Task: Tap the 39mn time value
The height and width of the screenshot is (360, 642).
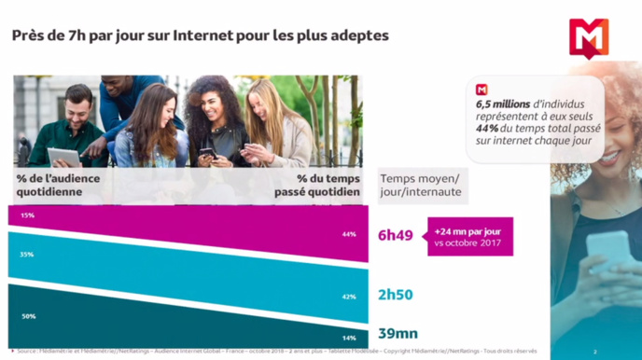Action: point(398,334)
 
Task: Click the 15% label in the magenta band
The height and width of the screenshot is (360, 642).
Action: point(27,215)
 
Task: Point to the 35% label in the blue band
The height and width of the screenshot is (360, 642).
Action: point(27,254)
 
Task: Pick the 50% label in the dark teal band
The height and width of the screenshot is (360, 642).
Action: point(28,316)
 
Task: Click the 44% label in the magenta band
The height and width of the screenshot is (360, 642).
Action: point(348,234)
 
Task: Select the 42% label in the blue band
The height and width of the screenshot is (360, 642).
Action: point(348,296)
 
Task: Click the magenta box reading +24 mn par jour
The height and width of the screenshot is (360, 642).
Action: point(467,236)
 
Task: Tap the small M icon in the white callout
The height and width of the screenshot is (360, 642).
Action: point(482,90)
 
